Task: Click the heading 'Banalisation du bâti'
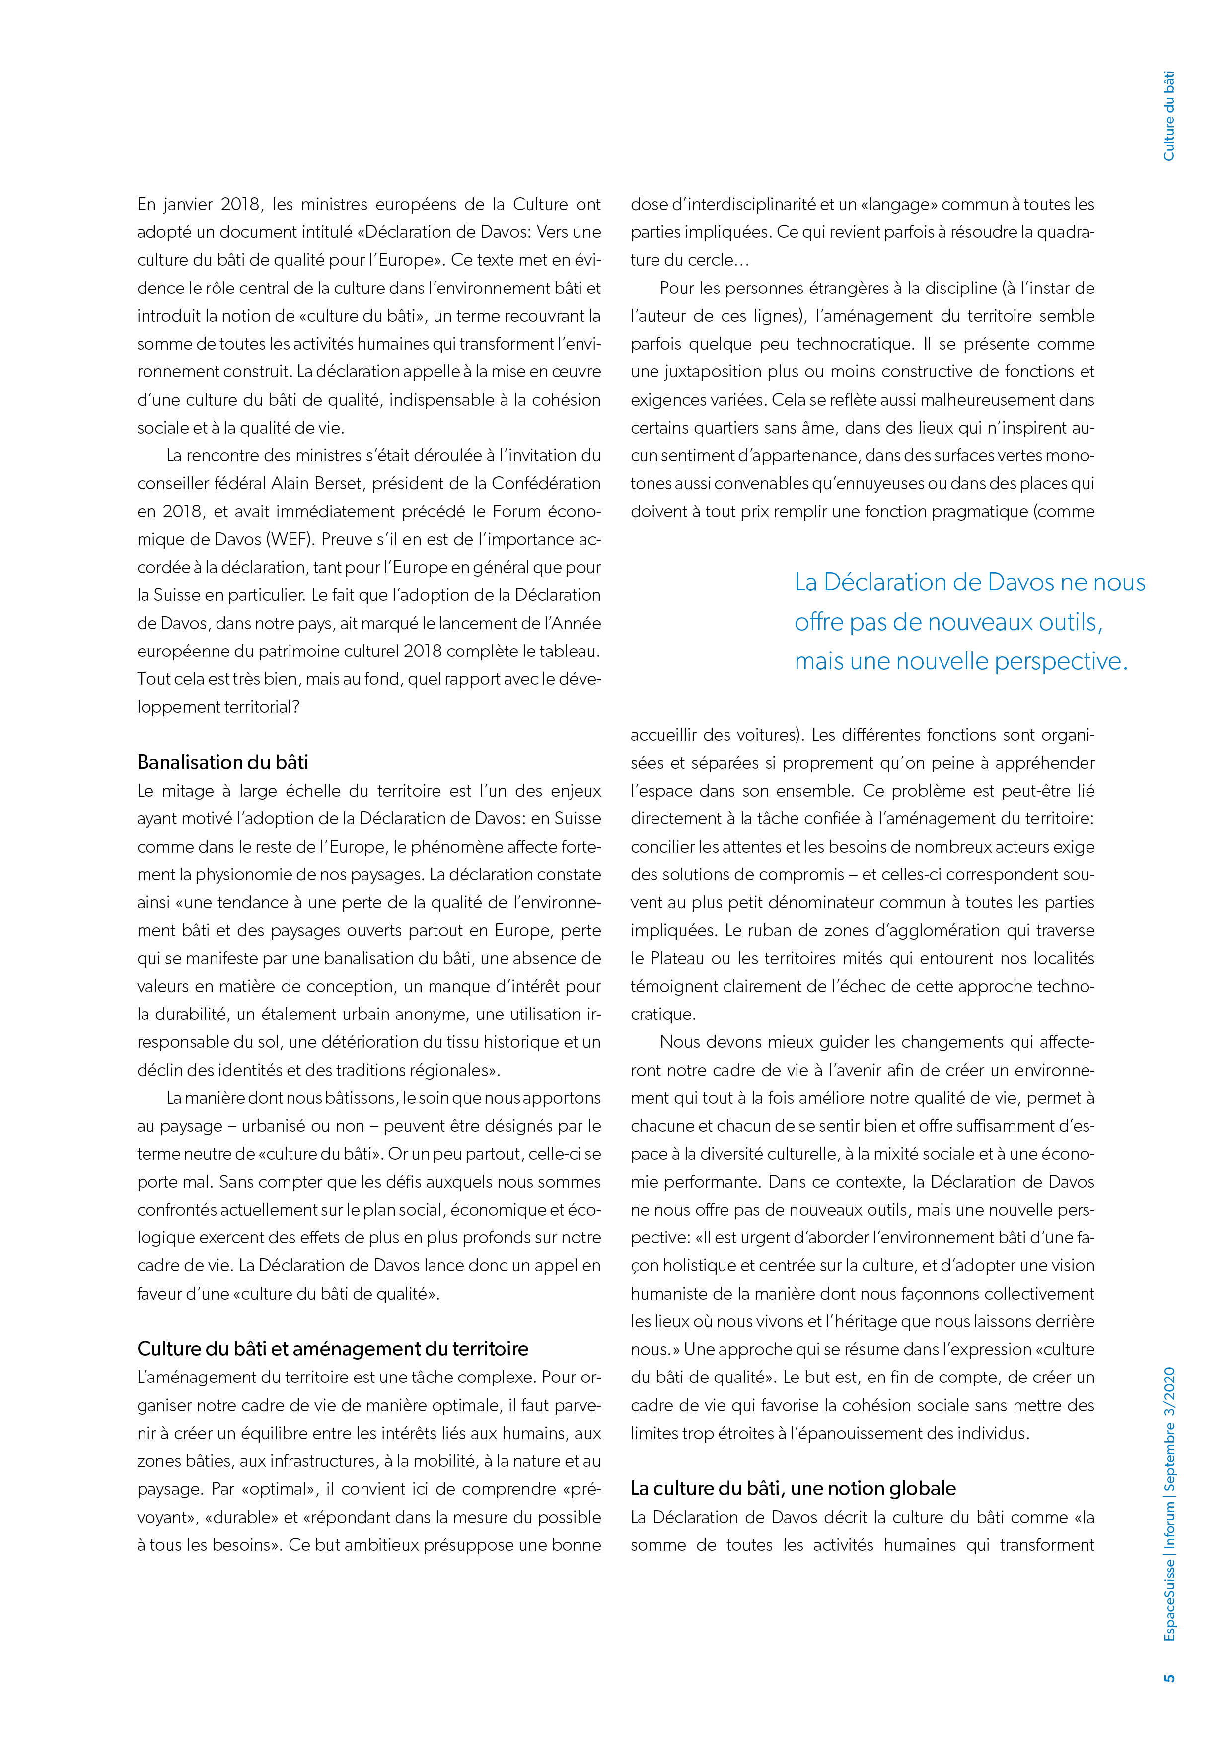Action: (x=222, y=762)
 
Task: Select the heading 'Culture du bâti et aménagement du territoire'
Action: (x=332, y=1348)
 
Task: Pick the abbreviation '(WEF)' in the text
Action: (x=289, y=539)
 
